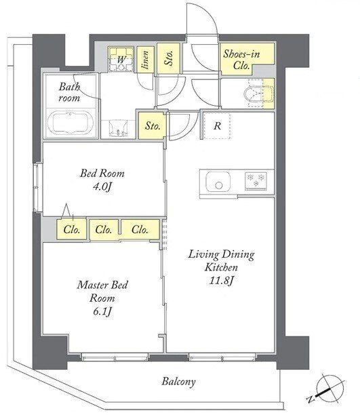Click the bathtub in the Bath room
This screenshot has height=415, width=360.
click(x=70, y=123)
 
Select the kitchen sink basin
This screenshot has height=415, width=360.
click(x=218, y=182)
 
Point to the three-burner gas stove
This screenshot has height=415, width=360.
click(x=256, y=180)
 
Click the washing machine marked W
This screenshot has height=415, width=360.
click(x=121, y=59)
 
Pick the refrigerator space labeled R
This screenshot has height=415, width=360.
click(x=218, y=126)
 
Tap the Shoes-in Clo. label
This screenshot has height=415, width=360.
click(x=241, y=60)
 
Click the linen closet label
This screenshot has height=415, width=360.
click(x=145, y=60)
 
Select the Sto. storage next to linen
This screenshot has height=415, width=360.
click(x=169, y=58)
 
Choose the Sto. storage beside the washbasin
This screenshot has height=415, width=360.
click(x=153, y=125)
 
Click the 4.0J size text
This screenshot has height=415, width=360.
click(x=102, y=187)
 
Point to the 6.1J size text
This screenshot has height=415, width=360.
click(x=102, y=312)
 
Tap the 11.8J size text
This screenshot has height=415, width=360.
click(x=221, y=281)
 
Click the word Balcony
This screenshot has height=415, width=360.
click(x=179, y=382)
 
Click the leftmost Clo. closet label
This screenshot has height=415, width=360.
click(x=71, y=229)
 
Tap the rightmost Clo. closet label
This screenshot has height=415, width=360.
click(x=140, y=229)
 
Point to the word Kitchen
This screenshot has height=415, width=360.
click(x=221, y=267)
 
